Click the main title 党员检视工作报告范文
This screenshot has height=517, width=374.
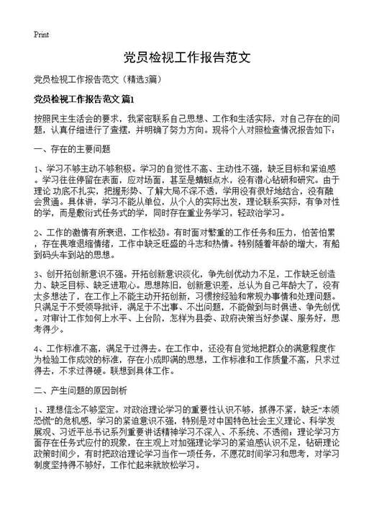pos(186,58)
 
